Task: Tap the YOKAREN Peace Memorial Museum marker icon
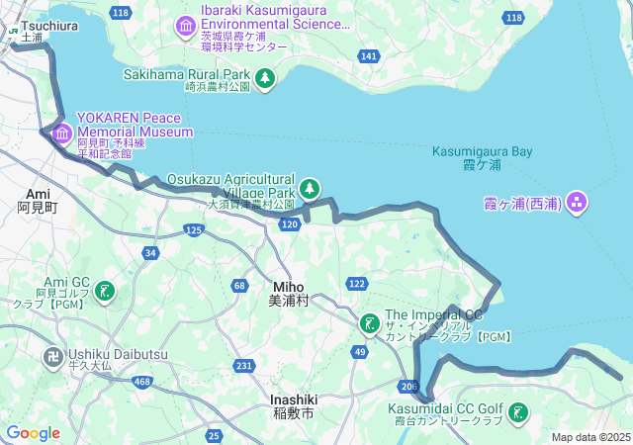click(x=62, y=133)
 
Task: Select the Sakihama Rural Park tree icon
click(x=264, y=78)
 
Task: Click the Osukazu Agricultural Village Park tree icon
click(x=310, y=187)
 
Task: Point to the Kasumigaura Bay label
click(x=483, y=151)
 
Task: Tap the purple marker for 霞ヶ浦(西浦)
click(x=577, y=204)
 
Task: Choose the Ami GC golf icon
click(x=104, y=291)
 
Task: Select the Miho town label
click(x=289, y=287)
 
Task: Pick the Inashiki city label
click(x=293, y=400)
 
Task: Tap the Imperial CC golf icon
click(x=369, y=322)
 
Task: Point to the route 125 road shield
click(x=194, y=230)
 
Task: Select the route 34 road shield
click(x=150, y=253)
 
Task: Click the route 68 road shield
click(x=239, y=286)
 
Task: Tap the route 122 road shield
click(x=357, y=284)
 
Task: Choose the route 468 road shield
click(x=142, y=382)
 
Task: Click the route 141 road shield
click(x=368, y=56)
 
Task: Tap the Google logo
click(x=33, y=433)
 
